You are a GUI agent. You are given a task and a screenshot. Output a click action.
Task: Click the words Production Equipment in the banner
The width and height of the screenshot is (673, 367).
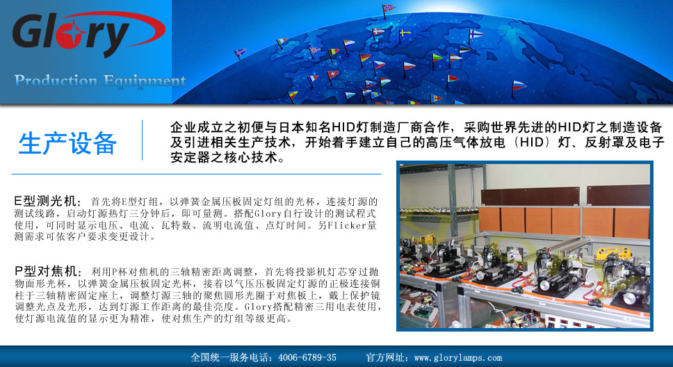point(100,80)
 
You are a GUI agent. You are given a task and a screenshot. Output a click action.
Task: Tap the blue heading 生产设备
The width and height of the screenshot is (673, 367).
point(67,143)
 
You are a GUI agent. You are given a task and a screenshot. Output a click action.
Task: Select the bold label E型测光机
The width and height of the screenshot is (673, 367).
point(47,200)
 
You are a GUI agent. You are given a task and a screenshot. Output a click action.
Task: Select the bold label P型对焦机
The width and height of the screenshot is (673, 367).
point(47,271)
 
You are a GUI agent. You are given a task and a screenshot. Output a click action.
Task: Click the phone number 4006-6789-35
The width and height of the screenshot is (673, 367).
point(307,357)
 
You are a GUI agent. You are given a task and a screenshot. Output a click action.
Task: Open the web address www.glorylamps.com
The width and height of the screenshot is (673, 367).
point(458,357)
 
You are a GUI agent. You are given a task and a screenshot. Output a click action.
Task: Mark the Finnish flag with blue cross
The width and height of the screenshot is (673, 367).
point(475,34)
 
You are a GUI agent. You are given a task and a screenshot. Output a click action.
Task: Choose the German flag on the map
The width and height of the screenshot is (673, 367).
point(364,58)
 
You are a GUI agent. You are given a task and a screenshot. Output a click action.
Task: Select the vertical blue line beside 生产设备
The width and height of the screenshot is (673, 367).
point(142,140)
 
